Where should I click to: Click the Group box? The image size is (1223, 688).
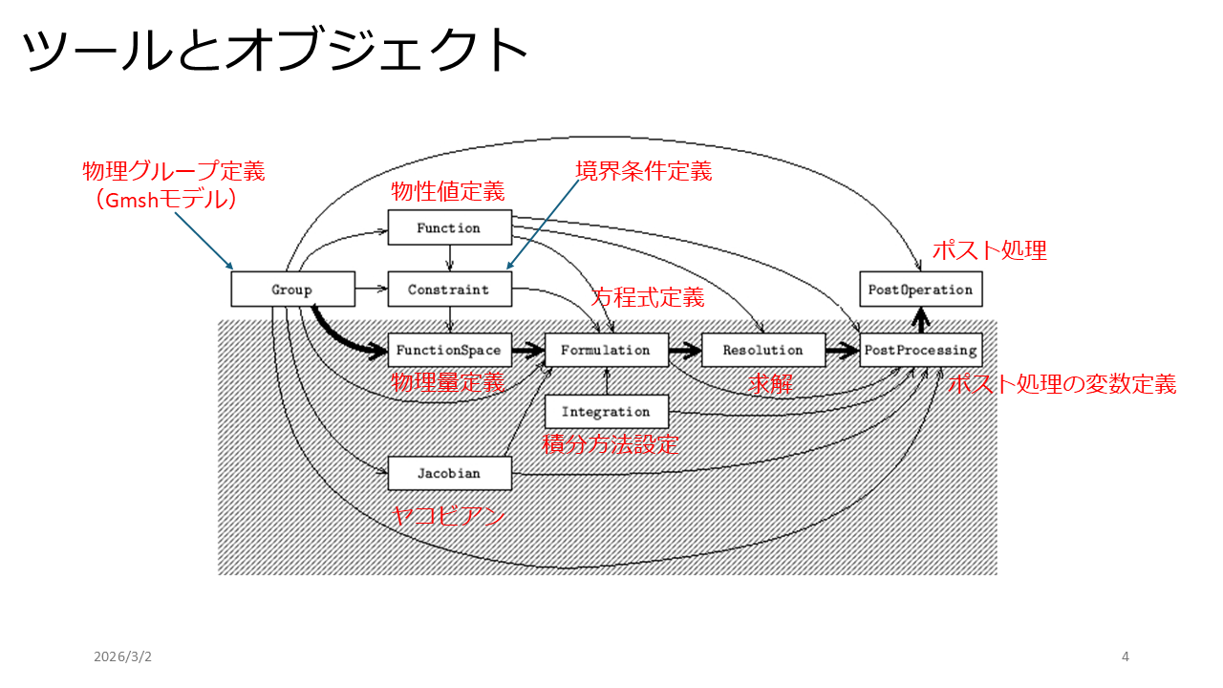292,290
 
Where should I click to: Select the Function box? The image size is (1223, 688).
449,227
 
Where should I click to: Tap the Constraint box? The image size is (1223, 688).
449,290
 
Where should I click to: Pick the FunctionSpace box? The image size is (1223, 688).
449,351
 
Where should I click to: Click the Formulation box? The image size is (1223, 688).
606,351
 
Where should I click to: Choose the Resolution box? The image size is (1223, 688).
762,351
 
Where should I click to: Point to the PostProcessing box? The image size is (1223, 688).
921,351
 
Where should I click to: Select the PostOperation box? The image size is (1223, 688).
921,290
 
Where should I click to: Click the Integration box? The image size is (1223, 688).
606,412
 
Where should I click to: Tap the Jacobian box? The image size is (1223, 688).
449,473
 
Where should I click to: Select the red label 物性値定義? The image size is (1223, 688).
448,191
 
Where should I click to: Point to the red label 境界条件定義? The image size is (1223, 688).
643,171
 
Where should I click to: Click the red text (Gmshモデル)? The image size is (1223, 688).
173,201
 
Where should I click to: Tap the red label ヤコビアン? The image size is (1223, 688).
447,517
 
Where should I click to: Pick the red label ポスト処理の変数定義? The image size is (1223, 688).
1062,384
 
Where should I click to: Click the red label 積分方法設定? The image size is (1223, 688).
611,444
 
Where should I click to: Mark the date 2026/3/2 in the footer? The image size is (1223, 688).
122,656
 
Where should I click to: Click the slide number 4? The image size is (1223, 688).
1125,656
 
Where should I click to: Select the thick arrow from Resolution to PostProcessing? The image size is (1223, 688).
844,351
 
